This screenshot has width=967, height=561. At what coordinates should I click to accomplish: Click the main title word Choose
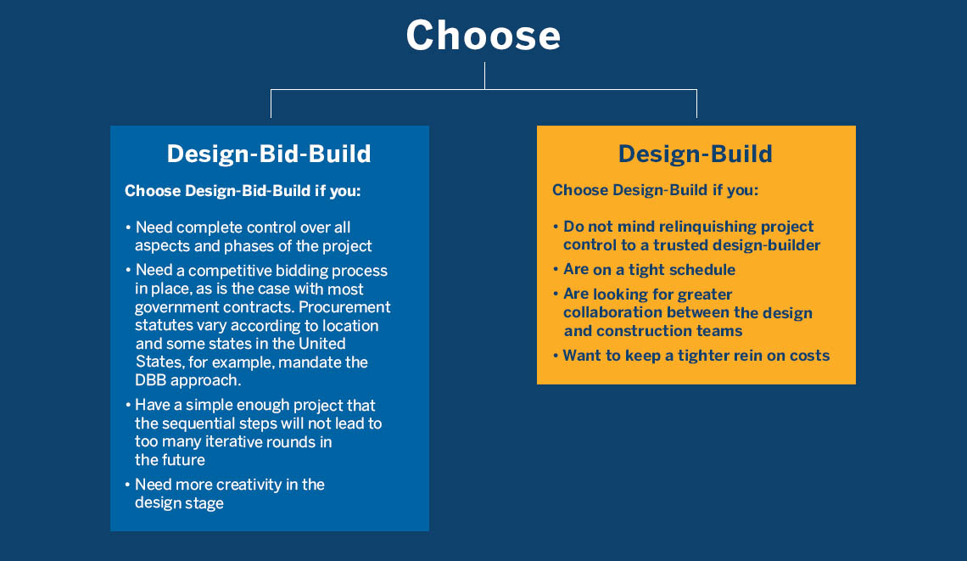pos(483,35)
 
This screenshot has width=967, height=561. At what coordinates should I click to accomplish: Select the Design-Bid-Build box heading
pos(269,154)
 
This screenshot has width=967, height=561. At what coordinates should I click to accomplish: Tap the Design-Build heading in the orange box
pos(695,154)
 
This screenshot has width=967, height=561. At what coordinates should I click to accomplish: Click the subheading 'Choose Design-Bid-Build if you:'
pos(243,191)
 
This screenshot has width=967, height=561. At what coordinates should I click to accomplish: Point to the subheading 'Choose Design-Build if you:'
pos(655,190)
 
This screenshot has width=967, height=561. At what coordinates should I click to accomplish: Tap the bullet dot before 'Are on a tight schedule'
pos(556,270)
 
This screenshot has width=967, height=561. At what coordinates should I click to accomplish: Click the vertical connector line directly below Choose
pos(484,76)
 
